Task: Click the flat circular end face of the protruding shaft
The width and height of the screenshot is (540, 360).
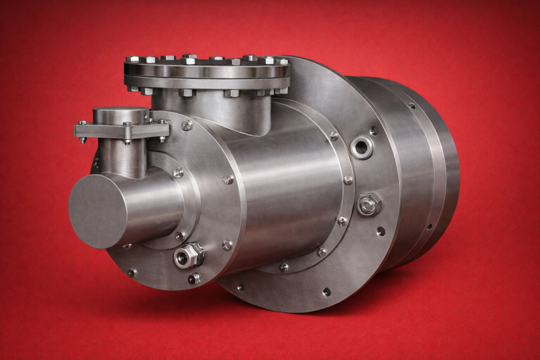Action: point(98,211)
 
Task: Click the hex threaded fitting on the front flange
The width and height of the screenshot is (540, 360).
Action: point(189,255)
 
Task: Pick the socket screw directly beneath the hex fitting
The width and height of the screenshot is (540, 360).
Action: point(195,278)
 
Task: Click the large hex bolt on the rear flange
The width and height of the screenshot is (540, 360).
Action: point(369,205)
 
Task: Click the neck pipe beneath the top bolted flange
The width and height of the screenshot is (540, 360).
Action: point(211,108)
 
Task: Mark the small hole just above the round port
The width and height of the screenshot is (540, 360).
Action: point(373,130)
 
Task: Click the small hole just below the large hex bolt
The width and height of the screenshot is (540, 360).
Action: point(380,231)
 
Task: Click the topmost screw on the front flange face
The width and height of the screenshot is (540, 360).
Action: point(187,125)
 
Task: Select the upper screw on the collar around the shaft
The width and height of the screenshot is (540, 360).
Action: point(179,172)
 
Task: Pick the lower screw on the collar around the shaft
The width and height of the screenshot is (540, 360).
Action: point(180,236)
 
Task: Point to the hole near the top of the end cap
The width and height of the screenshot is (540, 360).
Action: point(411,105)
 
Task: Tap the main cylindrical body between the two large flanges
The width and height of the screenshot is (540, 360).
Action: point(285,179)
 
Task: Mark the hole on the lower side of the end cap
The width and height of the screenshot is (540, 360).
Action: point(429,227)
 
